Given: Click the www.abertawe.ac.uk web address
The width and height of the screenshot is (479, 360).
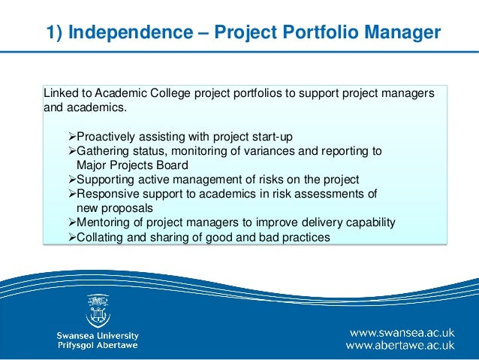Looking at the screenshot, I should coord(399,346).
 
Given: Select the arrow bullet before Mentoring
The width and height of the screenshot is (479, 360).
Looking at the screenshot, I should coord(63,223).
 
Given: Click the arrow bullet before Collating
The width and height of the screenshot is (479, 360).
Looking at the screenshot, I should coord(63,237).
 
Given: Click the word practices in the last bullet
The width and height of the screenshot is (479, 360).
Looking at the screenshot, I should coord(304,237).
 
